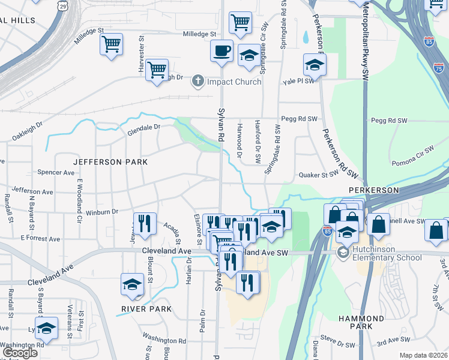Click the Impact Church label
[x=234, y=82]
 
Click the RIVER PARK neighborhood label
[x=146, y=309]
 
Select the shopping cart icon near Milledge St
[x=240, y=23]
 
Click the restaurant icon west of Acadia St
[x=144, y=224]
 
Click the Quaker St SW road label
[x=319, y=175]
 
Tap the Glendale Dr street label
[x=143, y=127]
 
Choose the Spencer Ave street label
[x=56, y=172]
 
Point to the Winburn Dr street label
[x=101, y=212]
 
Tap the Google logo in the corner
[x=20, y=353]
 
